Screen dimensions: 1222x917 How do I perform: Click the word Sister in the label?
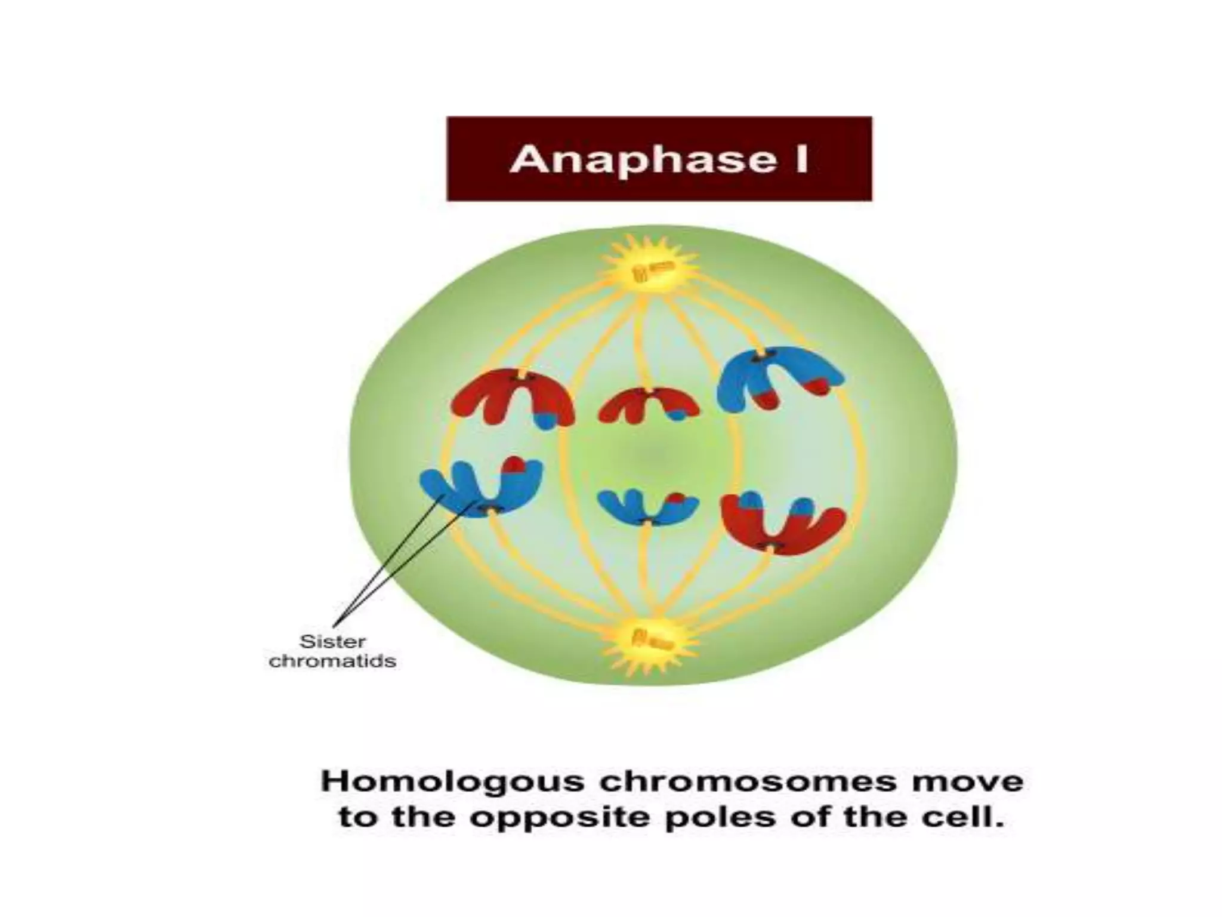332,642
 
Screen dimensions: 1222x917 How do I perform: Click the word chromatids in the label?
332,661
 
